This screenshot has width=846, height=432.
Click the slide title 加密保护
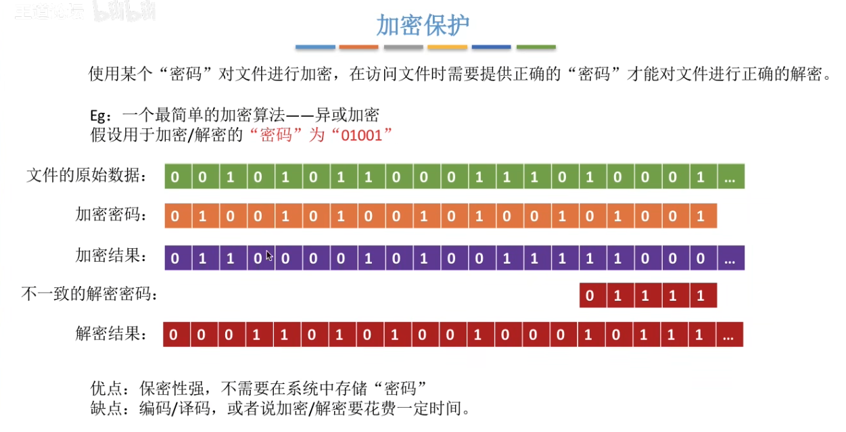click(423, 26)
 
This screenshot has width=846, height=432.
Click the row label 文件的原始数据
click(86, 176)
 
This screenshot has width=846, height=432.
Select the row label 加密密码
click(110, 216)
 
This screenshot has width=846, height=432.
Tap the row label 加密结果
click(110, 257)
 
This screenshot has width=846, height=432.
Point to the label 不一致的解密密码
click(91, 295)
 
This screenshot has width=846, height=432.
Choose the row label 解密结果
click(110, 334)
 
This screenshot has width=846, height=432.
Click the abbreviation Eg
click(98, 115)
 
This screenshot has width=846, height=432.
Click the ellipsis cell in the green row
click(730, 177)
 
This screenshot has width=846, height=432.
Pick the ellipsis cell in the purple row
click(730, 258)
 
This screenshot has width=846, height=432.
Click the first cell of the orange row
click(175, 216)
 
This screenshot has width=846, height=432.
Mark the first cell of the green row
click(175, 177)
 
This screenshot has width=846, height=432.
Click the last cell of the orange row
click(701, 216)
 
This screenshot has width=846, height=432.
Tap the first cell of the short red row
click(590, 295)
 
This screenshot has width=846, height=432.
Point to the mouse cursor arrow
click(269, 255)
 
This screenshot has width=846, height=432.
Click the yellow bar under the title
click(448, 47)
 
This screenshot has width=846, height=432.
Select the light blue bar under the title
click(315, 47)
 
